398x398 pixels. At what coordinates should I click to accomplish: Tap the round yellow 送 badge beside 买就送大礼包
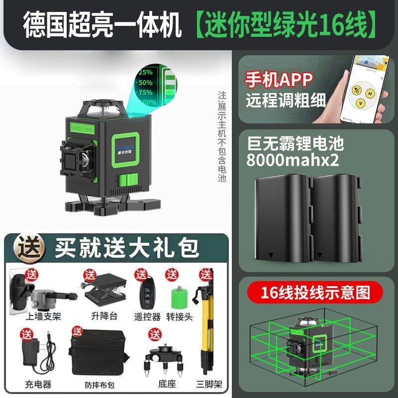[x=29, y=246]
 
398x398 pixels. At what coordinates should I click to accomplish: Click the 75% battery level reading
[x=145, y=92]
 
